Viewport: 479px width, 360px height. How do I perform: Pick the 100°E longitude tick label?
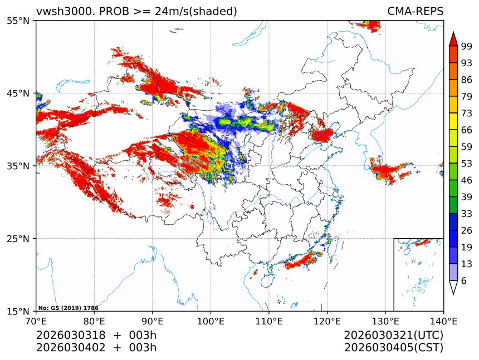(211, 320)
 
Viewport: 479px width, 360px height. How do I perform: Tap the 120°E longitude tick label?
(327, 320)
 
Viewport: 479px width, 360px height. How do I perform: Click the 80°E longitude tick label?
(94, 320)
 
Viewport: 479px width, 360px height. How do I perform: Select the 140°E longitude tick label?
(443, 320)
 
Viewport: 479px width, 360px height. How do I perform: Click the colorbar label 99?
(467, 46)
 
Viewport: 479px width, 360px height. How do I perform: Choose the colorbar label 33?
(467, 214)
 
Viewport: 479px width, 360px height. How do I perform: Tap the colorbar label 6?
(464, 281)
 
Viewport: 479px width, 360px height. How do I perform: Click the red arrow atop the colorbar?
(453, 39)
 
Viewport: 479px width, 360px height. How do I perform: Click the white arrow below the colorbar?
(453, 288)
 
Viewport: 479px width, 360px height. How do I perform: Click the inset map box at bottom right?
(418, 274)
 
